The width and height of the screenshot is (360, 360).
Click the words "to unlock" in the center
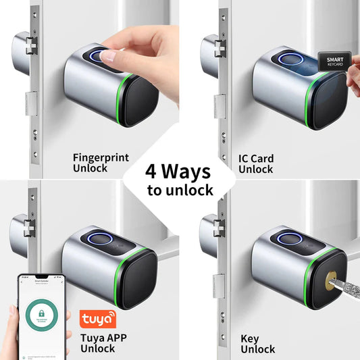[180, 190]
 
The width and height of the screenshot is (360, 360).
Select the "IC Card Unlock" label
[257, 163]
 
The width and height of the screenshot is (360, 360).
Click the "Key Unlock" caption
[257, 343]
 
